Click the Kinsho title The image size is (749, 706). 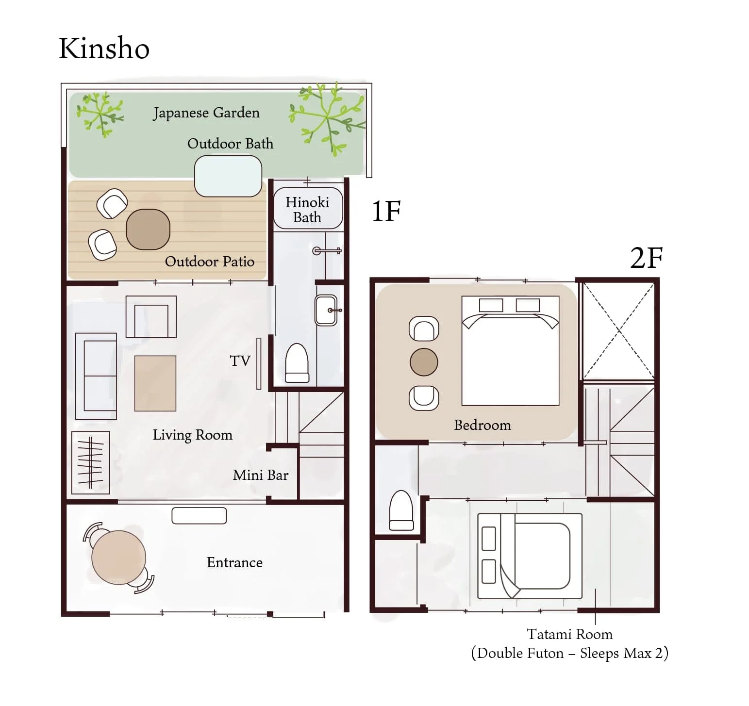[104, 49]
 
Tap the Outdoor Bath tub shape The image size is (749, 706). [228, 176]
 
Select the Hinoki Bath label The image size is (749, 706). [307, 210]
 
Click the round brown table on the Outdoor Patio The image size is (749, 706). [148, 229]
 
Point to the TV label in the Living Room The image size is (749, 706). [240, 361]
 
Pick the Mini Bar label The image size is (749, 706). [261, 475]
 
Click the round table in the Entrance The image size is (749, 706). [118, 558]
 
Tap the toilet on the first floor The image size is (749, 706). [297, 363]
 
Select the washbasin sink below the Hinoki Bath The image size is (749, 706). [326, 310]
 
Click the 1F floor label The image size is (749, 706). [386, 212]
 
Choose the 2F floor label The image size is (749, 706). [647, 258]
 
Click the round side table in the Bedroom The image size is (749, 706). [424, 362]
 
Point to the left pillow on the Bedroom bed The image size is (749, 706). [491, 305]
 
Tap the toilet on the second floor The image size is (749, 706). [401, 510]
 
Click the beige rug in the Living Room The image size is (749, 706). [155, 383]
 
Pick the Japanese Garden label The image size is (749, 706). [206, 113]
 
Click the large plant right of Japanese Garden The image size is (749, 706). [327, 118]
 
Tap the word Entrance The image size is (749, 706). [234, 562]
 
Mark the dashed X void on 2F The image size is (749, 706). [618, 331]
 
